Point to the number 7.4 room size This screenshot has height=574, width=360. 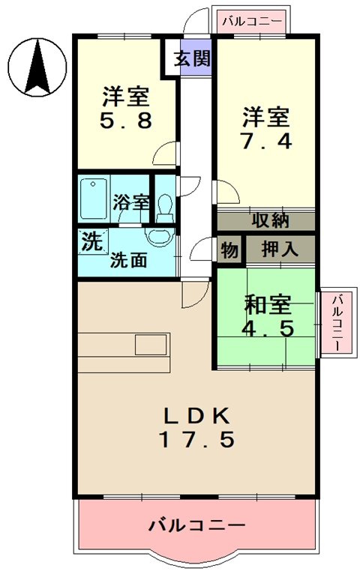pyautogui.click(x=265, y=140)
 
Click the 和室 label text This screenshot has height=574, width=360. pyautogui.click(x=266, y=305)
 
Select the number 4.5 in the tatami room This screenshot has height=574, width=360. pyautogui.click(x=266, y=328)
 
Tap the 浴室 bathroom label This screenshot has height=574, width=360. pyautogui.click(x=131, y=202)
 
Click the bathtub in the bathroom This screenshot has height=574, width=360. pyautogui.click(x=94, y=198)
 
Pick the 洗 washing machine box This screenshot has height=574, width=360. pyautogui.click(x=91, y=242)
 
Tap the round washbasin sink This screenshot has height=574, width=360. pyautogui.click(x=159, y=236)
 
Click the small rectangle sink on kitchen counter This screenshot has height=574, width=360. pyautogui.click(x=149, y=345)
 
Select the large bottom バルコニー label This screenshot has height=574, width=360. pyautogui.click(x=196, y=524)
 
